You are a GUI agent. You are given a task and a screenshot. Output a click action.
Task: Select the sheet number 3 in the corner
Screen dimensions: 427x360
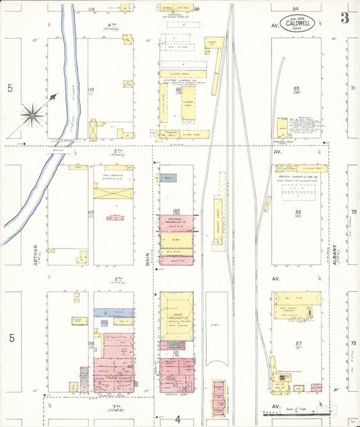point(344,18)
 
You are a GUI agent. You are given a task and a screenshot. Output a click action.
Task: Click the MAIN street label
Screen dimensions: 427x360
point(146,255)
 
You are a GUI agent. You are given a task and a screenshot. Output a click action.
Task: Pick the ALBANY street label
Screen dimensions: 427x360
point(335,255)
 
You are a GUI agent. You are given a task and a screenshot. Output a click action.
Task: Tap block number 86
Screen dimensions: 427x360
point(297,213)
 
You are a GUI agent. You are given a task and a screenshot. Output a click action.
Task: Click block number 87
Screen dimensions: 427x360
point(297,344)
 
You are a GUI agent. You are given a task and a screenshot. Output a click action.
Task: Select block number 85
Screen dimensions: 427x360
point(297,89)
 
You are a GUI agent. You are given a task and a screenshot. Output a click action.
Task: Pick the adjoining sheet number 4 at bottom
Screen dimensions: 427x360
point(177,419)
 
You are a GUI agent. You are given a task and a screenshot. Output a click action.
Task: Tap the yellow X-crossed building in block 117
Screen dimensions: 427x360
point(113,193)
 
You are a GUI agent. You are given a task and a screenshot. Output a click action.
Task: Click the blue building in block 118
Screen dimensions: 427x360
point(113,312)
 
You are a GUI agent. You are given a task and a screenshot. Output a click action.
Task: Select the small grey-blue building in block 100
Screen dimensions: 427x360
point(168,178)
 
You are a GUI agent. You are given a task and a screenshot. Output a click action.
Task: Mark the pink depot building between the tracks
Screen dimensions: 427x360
point(218,397)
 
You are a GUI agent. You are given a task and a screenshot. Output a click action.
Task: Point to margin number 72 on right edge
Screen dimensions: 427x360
point(353,212)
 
